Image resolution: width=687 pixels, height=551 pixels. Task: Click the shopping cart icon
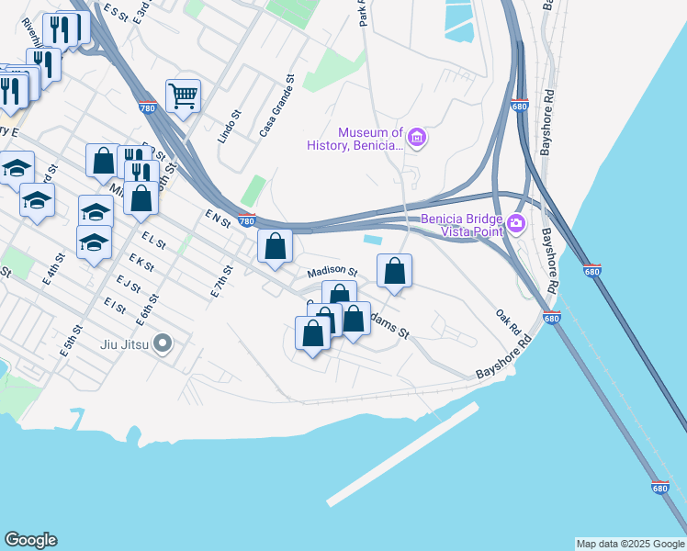click(184, 95)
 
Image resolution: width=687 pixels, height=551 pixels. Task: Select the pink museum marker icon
click(417, 139)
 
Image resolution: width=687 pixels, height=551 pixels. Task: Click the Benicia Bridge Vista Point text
click(462, 226)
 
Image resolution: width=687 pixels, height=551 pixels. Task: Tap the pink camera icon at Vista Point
click(516, 222)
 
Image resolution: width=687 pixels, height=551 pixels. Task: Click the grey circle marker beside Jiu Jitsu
click(163, 344)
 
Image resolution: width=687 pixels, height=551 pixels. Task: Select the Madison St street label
click(332, 272)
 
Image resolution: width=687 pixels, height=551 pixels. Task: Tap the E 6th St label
click(145, 310)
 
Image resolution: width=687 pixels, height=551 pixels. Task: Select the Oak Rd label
click(508, 320)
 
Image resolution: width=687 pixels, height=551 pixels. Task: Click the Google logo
click(30, 540)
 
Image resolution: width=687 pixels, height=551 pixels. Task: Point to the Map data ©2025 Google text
click(630, 544)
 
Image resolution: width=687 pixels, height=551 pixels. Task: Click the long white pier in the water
click(402, 454)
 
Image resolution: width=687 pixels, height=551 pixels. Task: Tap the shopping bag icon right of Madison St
click(394, 271)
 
